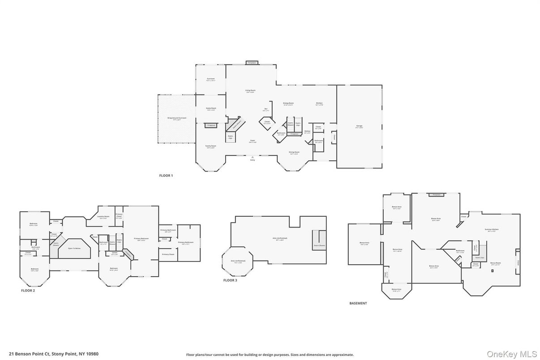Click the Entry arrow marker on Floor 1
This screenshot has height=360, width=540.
253,157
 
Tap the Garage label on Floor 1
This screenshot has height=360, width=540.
359,126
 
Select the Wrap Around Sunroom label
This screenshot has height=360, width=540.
177,119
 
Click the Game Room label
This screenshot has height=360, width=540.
210,109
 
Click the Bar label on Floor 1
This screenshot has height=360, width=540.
266,109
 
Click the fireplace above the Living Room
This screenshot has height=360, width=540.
252,63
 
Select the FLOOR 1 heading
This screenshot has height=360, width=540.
166,176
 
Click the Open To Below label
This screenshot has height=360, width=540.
74,248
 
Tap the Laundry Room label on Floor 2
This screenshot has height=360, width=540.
103,217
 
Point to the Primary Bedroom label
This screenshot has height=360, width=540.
141,239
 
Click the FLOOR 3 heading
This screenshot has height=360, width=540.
230,280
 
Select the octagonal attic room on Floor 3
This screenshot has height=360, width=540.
238,261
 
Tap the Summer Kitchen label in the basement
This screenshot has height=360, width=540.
491,230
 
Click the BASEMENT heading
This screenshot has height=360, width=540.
358,303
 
